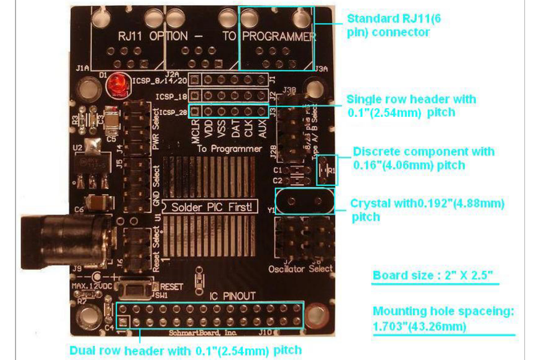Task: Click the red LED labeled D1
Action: (x=114, y=86)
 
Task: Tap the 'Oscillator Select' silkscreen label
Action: (x=300, y=268)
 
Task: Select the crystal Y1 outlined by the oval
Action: (x=305, y=201)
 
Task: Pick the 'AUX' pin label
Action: (x=262, y=129)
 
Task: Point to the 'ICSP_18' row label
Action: (x=172, y=97)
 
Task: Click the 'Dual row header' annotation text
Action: (x=185, y=350)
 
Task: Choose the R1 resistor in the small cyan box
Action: (x=329, y=170)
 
